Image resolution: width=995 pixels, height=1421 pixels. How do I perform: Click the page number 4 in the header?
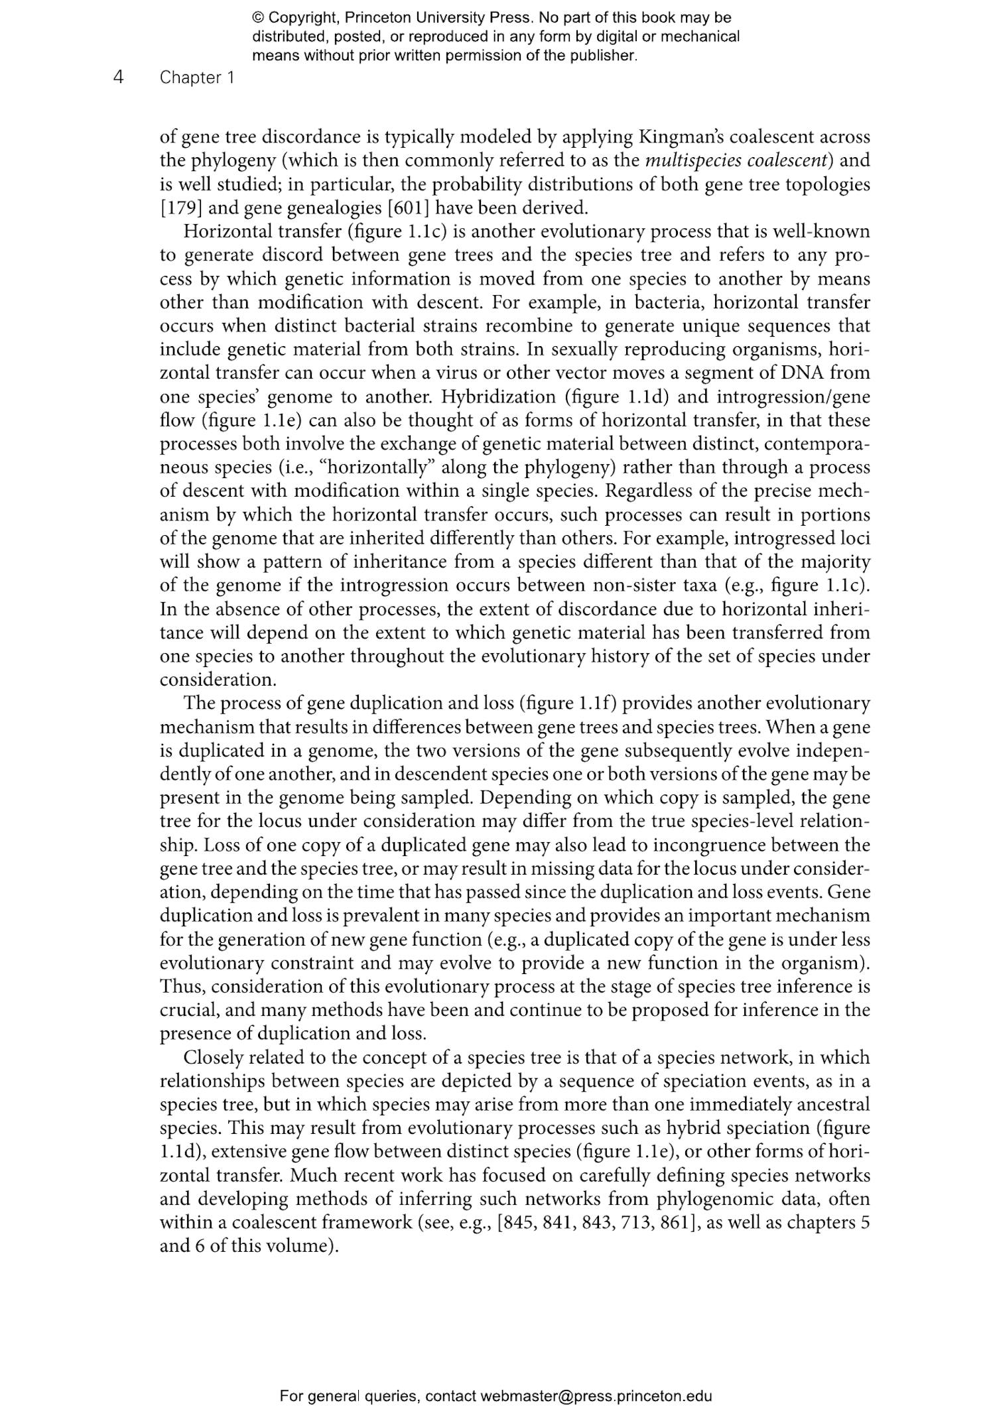pyautogui.click(x=119, y=77)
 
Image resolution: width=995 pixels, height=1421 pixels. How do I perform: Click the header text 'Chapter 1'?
pyautogui.click(x=197, y=78)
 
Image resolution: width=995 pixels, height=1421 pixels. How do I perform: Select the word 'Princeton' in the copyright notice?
pyautogui.click(x=378, y=19)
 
